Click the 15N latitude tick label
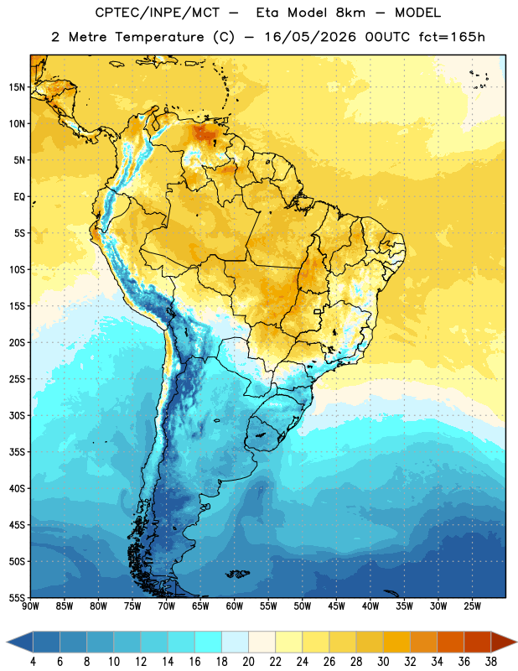(17, 87)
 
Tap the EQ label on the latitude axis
(19, 197)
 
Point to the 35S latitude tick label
(17, 452)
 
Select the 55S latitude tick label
(17, 597)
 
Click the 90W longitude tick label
(30, 606)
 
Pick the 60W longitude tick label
(234, 606)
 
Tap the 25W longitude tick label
(472, 606)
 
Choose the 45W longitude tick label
(336, 606)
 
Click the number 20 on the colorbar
(248, 662)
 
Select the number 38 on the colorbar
(491, 662)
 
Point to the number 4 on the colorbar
(33, 662)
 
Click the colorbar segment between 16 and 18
(209, 642)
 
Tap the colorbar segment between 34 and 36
(451, 642)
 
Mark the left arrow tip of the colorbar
(7, 642)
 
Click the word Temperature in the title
(159, 37)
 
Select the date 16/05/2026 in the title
(310, 37)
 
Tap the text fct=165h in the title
(452, 37)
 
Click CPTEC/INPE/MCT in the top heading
(157, 13)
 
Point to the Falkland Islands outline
(238, 574)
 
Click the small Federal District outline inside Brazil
(318, 311)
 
